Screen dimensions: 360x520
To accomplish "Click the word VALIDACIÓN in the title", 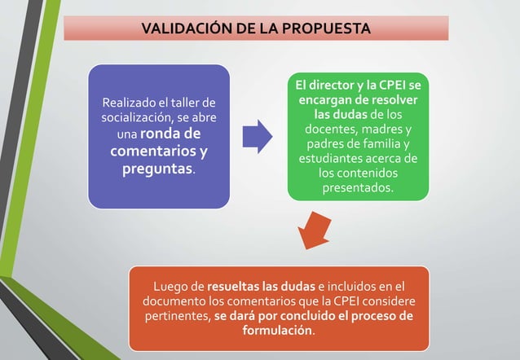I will tap(183, 29).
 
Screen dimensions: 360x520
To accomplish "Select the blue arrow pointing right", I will tap(258, 136).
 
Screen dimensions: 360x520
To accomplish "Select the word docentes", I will tap(332, 130).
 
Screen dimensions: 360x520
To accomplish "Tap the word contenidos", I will tap(364, 173).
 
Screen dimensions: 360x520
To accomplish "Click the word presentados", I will tap(356, 188).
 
